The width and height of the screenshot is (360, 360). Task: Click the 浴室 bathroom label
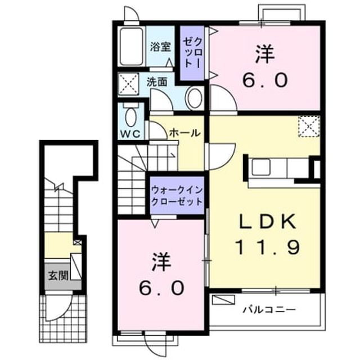[x=161, y=47]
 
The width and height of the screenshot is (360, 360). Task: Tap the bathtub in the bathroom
[x=131, y=47]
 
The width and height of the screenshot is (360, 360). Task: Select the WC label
[x=130, y=134]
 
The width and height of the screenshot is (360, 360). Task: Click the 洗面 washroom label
[x=157, y=82]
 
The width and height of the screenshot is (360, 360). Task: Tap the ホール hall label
[x=184, y=133]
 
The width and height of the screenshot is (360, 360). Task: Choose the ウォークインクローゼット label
[x=177, y=196]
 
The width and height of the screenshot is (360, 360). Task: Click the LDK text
[x=268, y=221]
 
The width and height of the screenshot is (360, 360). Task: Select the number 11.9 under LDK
[x=268, y=247]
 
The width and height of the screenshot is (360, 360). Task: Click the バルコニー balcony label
[x=269, y=310]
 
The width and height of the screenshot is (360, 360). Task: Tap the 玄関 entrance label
[x=58, y=276]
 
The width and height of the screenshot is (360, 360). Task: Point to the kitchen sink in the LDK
[x=261, y=168]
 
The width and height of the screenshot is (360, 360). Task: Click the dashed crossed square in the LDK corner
[x=309, y=127]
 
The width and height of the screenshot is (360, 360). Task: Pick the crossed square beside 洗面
[x=129, y=84]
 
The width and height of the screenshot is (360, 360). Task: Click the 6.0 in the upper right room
[x=265, y=80]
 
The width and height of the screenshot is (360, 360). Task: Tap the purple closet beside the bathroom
[x=192, y=53]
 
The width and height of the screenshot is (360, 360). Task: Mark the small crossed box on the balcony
[x=223, y=300]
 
